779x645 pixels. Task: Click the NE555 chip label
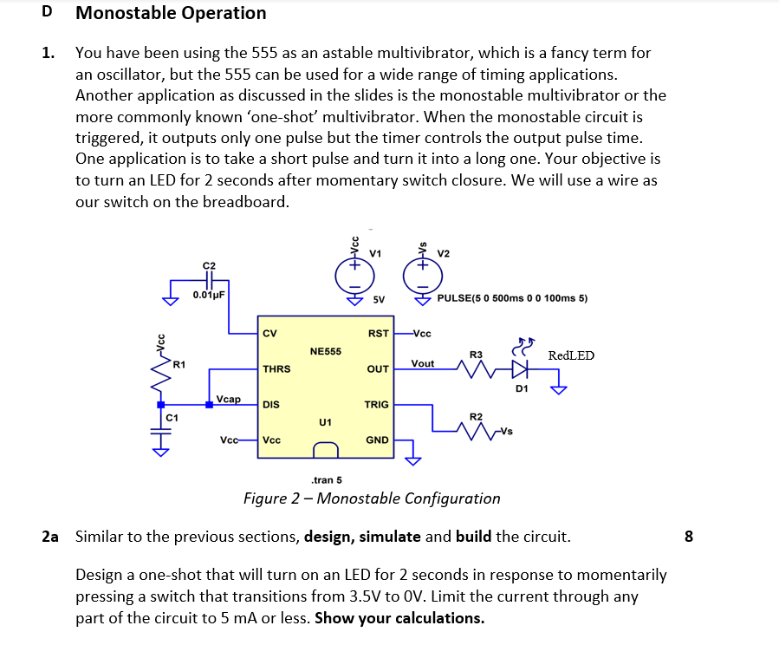pyautogui.click(x=325, y=351)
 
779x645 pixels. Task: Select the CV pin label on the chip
pyautogui.click(x=269, y=332)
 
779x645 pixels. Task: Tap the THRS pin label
pyautogui.click(x=276, y=368)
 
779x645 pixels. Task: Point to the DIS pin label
pyautogui.click(x=270, y=404)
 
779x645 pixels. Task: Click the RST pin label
pyautogui.click(x=378, y=332)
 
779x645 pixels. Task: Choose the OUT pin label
pyautogui.click(x=378, y=368)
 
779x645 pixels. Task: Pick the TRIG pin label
pyautogui.click(x=376, y=404)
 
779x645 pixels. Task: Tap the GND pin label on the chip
pyautogui.click(x=377, y=440)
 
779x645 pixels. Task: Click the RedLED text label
pyautogui.click(x=571, y=355)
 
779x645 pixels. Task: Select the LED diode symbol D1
pyautogui.click(x=520, y=368)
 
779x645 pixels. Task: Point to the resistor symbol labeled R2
pyautogui.click(x=475, y=431)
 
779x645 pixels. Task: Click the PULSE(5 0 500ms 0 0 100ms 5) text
pyautogui.click(x=513, y=298)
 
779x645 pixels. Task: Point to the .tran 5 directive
pyautogui.click(x=326, y=479)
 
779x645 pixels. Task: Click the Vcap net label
pyautogui.click(x=229, y=398)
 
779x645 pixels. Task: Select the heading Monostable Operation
pyautogui.click(x=171, y=13)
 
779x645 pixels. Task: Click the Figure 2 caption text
pyautogui.click(x=372, y=498)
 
